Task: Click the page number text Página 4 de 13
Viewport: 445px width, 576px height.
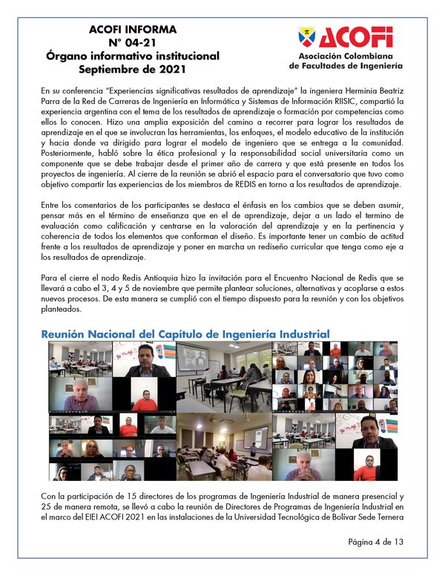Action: pos(375,543)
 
